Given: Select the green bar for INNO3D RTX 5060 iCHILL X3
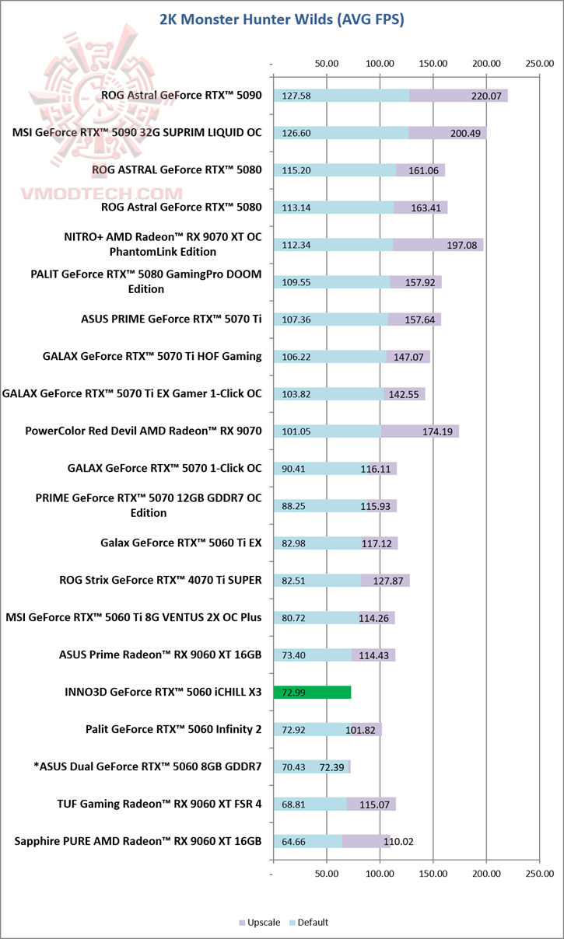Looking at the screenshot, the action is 312,692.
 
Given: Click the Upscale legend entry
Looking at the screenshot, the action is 259,922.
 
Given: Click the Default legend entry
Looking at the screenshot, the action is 309,922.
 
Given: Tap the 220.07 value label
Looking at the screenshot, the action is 486,96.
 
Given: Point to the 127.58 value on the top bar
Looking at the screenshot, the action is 296,96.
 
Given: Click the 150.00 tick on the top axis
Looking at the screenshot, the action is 433,64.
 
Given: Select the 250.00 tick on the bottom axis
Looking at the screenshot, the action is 540,874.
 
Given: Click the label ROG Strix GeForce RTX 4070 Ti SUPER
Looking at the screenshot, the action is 160,580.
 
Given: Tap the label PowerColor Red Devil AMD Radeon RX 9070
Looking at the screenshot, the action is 143,431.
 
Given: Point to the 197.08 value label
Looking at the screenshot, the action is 461,245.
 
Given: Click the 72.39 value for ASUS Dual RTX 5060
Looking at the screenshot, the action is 331,767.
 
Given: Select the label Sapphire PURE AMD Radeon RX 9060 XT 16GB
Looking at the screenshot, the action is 138,841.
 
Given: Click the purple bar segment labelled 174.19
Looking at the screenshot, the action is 419,431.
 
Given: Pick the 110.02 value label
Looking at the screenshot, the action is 398,842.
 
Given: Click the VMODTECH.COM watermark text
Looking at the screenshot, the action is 102,194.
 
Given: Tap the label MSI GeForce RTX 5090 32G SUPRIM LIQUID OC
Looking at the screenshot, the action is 137,132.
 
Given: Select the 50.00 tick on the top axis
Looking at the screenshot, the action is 327,64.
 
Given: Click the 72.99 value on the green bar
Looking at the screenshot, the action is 293,693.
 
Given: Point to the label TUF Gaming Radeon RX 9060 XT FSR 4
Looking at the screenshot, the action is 159,804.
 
